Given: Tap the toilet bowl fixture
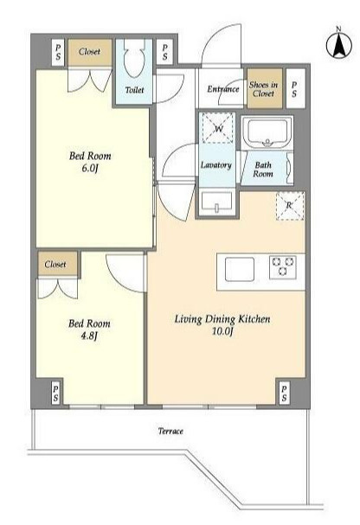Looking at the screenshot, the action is click(134, 58).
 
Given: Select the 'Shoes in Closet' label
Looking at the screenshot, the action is click(263, 89).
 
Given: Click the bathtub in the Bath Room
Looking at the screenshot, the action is click(267, 132).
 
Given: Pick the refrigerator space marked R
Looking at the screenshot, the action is click(290, 206).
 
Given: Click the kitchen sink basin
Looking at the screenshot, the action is click(240, 270).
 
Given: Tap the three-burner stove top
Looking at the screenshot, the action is click(283, 267).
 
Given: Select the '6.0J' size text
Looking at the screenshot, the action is click(90, 168).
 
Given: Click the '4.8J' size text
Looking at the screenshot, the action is click(89, 336).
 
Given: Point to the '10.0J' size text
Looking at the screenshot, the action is click(222, 331).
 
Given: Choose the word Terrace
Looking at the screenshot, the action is click(170, 431).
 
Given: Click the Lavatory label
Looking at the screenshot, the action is click(216, 165).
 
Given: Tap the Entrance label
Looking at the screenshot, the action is click(223, 89).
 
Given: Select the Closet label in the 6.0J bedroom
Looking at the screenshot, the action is click(89, 52).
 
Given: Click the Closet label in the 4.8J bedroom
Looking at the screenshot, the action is click(55, 264).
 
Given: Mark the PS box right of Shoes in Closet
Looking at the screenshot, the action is click(296, 88).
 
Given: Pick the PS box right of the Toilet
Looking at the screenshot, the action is click(164, 52).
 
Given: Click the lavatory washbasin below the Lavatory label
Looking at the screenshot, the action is click(216, 202).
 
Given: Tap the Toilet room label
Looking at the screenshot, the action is click(135, 90).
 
